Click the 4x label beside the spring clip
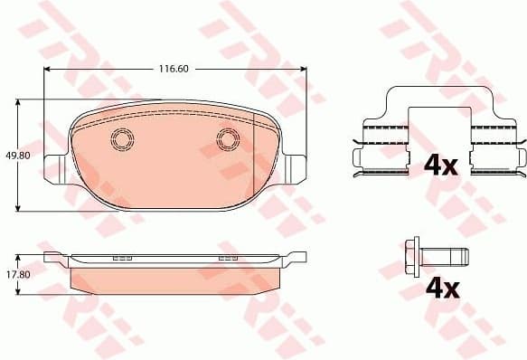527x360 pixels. [441, 165]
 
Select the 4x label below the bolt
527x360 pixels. [441, 289]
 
